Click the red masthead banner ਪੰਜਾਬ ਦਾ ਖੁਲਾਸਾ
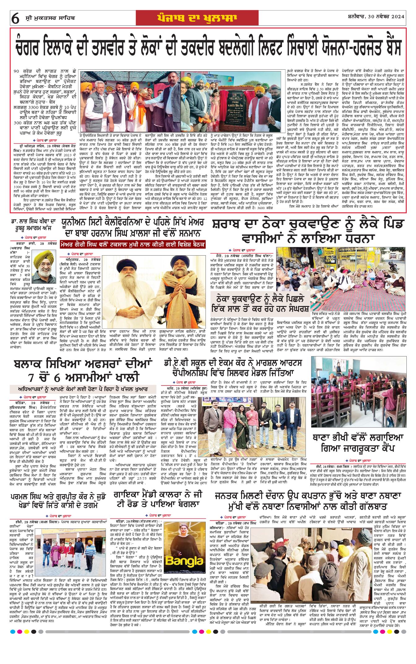[197, 18]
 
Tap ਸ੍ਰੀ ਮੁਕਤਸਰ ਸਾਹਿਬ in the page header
[48, 18]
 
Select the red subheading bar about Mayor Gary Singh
[133, 244]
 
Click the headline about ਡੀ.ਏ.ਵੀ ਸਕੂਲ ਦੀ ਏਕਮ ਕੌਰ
[233, 367]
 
